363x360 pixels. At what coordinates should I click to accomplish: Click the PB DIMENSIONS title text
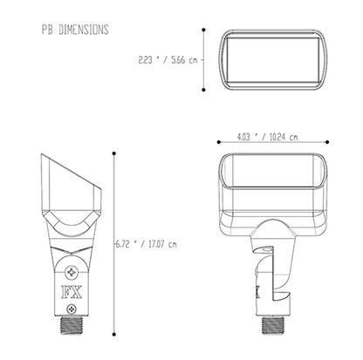coord(75,30)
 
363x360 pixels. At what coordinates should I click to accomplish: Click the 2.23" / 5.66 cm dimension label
coord(168,60)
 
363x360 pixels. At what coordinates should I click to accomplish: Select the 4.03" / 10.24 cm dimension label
coord(268,137)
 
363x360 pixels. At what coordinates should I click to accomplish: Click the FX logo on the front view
coord(72,292)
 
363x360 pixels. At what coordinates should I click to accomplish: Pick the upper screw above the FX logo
coord(72,273)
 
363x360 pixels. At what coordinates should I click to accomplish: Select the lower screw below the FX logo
coord(72,309)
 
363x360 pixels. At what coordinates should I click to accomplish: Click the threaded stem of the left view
coord(72,325)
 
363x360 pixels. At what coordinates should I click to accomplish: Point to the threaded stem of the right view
coord(273,325)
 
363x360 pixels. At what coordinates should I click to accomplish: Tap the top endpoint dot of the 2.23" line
coord(203,30)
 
